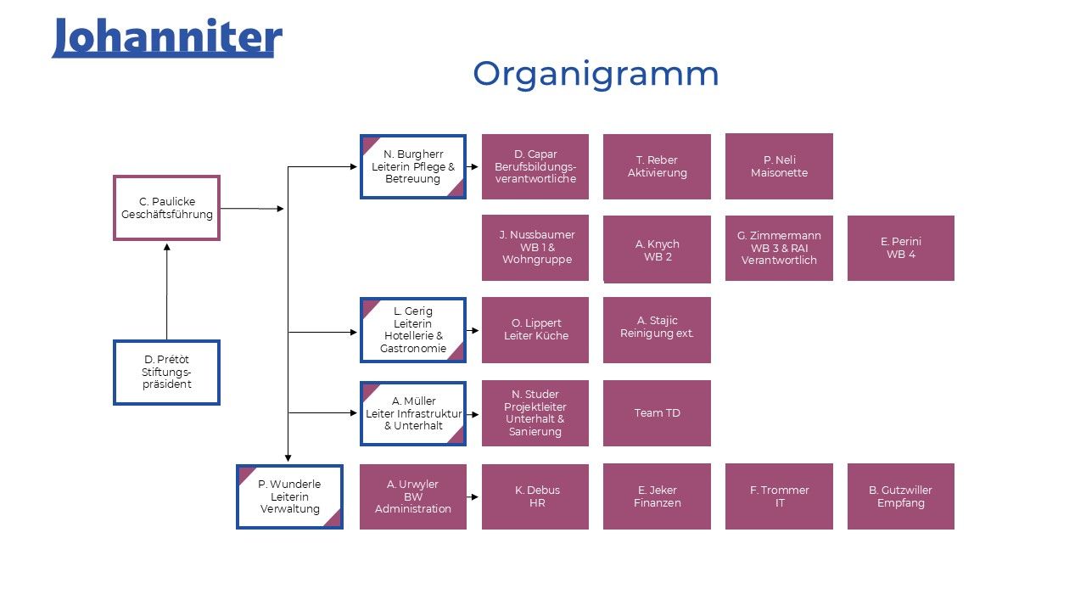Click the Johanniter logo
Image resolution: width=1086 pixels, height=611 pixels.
[166, 38]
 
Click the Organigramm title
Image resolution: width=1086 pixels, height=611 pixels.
[596, 74]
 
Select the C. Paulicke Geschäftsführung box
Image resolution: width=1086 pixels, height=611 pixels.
[166, 208]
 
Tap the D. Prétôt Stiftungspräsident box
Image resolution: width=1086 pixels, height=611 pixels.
[166, 372]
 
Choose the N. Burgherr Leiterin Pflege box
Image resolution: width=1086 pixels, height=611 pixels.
[413, 166]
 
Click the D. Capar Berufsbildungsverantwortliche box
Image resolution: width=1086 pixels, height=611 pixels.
[535, 166]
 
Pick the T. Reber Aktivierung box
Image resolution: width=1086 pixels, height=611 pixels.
[657, 166]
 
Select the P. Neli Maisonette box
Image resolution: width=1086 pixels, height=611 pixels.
[779, 166]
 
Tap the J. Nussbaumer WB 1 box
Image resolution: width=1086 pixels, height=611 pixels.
[535, 247]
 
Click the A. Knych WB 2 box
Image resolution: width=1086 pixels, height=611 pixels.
[657, 249]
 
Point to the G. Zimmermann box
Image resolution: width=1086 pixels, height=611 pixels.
[779, 248]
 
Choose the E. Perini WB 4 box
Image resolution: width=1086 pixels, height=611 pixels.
[900, 248]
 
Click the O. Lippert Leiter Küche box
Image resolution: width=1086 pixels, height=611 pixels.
[535, 329]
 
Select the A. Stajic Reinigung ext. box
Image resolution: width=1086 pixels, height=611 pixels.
[657, 329]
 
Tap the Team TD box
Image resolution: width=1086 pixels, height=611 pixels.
[657, 412]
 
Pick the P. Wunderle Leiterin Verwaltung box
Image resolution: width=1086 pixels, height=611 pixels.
[289, 496]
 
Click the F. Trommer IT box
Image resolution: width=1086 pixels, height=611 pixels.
[779, 496]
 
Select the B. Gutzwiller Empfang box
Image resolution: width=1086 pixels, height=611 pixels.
[900, 496]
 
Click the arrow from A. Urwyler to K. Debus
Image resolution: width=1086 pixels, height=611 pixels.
[473, 497]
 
